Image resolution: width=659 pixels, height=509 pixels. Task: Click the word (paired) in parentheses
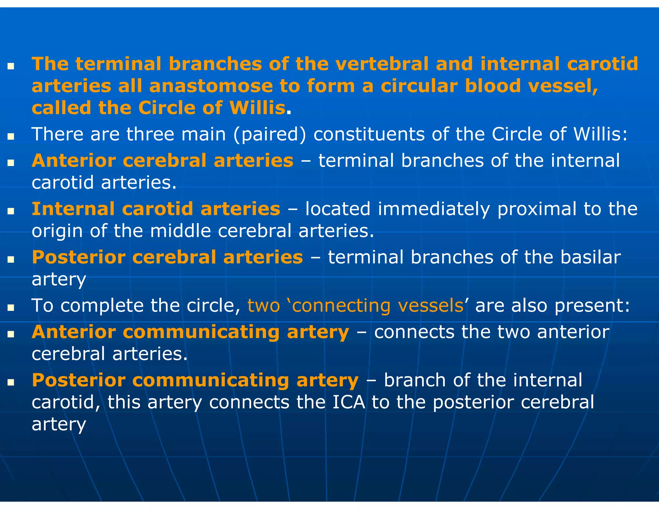[270, 134]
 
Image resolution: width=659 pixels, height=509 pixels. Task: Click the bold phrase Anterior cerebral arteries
[162, 161]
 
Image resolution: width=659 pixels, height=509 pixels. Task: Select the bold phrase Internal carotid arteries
[156, 209]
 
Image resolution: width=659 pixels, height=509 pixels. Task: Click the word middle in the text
[180, 231]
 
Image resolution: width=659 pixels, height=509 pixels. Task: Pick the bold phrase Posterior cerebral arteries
[167, 257]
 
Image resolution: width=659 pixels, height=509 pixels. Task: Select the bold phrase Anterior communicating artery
[190, 332]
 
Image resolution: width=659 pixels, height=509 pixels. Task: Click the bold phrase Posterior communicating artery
[195, 380]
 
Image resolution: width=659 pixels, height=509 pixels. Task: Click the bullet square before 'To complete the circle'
[11, 308]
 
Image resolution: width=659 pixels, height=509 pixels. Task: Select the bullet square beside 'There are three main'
[11, 136]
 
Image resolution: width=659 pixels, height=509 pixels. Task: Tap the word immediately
[433, 209]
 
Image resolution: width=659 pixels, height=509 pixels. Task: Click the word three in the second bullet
[150, 134]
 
